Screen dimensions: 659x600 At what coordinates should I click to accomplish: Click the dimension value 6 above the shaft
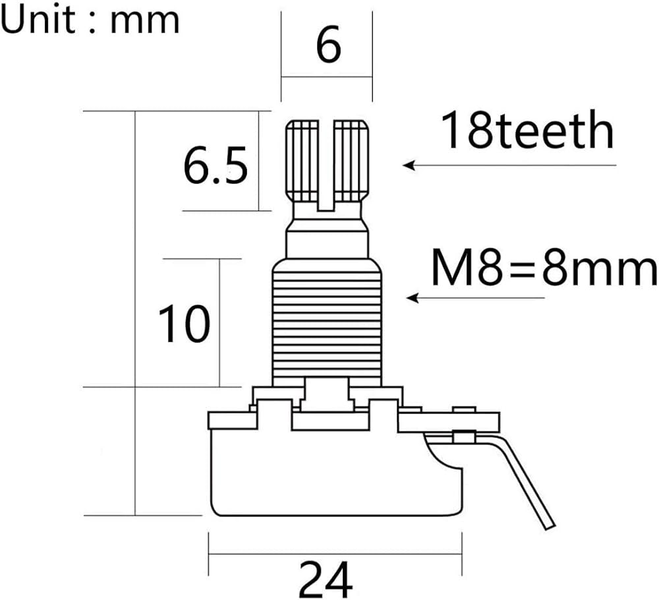328,45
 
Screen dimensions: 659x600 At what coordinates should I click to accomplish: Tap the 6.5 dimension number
215,166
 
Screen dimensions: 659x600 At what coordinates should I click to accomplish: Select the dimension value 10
184,323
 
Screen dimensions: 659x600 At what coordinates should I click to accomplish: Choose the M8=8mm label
544,267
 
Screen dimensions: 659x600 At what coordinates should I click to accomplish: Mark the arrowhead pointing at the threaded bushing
413,298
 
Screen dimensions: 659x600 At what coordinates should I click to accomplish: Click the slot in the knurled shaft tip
326,165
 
